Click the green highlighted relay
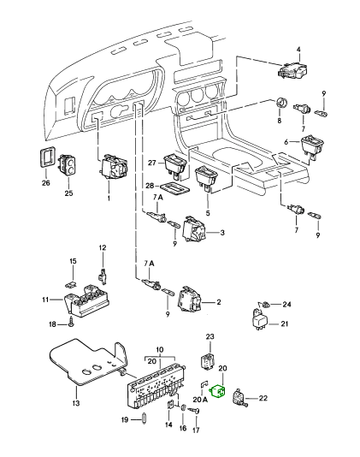(x=217, y=390)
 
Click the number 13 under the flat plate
(x=75, y=403)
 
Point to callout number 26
(x=45, y=183)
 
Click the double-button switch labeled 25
(x=68, y=165)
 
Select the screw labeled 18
(x=71, y=323)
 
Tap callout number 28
(x=150, y=186)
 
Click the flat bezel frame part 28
(x=174, y=187)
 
